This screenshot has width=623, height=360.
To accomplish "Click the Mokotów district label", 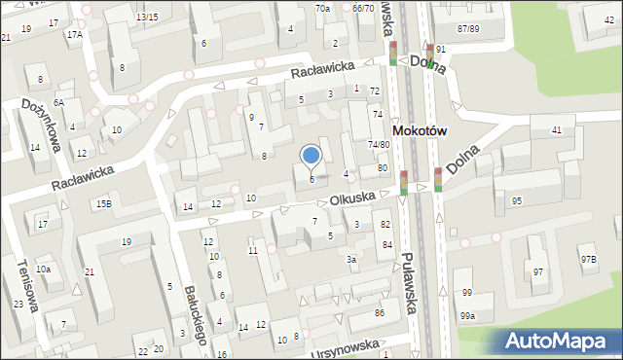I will click(418, 129).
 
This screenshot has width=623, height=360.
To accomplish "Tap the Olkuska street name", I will click(351, 198).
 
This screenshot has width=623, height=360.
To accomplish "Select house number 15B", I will click(103, 203).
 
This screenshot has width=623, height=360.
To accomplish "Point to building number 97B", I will click(588, 259).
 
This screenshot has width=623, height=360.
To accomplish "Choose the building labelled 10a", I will click(43, 269).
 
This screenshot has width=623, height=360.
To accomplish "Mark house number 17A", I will click(75, 34).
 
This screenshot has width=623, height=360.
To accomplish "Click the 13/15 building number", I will click(147, 18).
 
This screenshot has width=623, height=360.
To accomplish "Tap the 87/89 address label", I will click(468, 29).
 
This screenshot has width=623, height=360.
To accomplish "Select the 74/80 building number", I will click(379, 145).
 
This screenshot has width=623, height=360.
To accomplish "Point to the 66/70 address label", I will click(363, 8).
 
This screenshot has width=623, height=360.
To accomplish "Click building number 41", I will click(557, 129).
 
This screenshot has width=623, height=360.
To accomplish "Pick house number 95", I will click(517, 200).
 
